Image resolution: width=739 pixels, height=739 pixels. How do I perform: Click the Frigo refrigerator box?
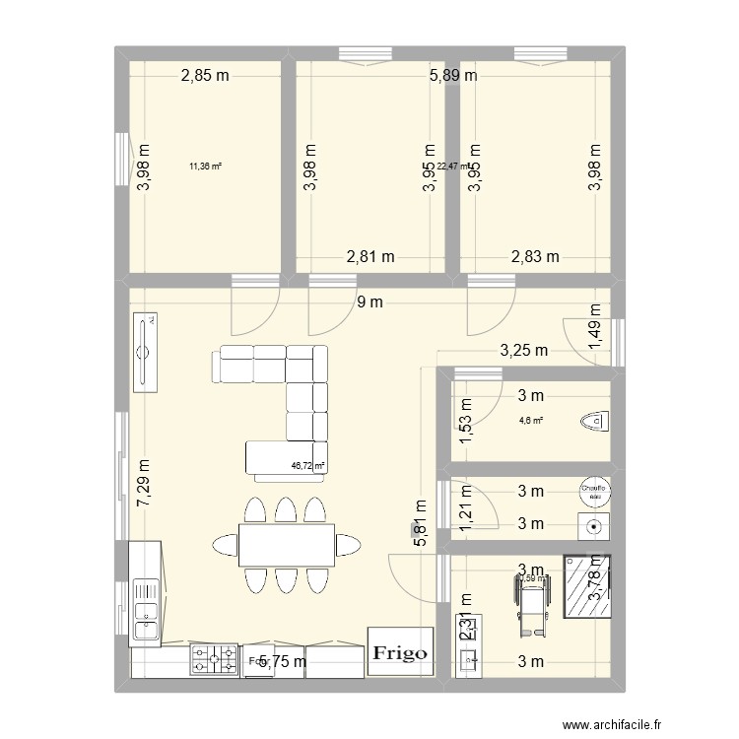point(399,651)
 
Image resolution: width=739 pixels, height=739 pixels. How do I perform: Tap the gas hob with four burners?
point(214,659)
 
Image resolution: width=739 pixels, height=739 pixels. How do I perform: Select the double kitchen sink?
point(146,608)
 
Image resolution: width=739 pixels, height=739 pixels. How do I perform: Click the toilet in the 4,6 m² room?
point(594,422)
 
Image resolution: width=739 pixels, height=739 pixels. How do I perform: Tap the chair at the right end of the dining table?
point(347,545)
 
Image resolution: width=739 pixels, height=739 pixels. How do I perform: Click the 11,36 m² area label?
point(205,167)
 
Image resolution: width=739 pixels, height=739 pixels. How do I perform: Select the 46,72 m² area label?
point(307,467)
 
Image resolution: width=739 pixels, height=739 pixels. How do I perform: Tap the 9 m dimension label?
point(369,302)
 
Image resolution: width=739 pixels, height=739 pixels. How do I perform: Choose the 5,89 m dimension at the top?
point(452,75)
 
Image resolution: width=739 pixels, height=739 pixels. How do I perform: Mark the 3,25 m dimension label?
point(525,350)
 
